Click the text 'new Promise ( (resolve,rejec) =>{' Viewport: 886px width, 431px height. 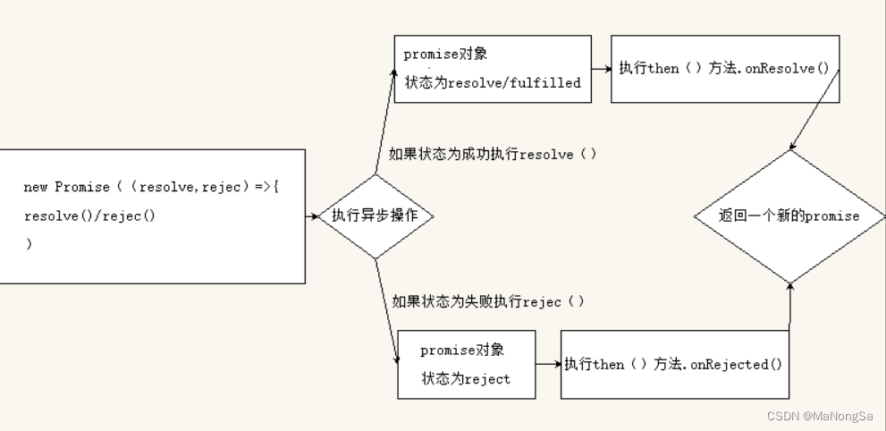click(x=151, y=187)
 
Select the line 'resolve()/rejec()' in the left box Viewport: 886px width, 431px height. click(x=89, y=216)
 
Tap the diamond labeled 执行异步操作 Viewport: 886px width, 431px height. click(x=375, y=215)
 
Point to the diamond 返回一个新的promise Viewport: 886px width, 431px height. click(x=789, y=215)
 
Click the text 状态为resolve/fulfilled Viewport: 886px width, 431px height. click(x=493, y=83)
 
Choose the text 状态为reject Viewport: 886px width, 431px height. click(x=466, y=379)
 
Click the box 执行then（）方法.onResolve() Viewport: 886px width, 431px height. click(x=724, y=69)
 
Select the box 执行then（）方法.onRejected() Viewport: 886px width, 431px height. click(x=674, y=364)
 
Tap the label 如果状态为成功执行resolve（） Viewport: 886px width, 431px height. click(x=493, y=154)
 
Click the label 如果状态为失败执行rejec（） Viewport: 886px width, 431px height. click(x=488, y=301)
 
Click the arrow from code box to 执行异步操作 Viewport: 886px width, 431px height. click(x=312, y=216)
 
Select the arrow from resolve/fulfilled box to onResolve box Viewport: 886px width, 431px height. click(x=601, y=69)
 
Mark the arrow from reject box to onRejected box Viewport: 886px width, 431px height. click(x=548, y=364)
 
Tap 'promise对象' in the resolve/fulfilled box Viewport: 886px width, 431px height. click(x=445, y=54)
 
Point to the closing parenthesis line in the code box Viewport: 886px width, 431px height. click(x=29, y=243)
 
